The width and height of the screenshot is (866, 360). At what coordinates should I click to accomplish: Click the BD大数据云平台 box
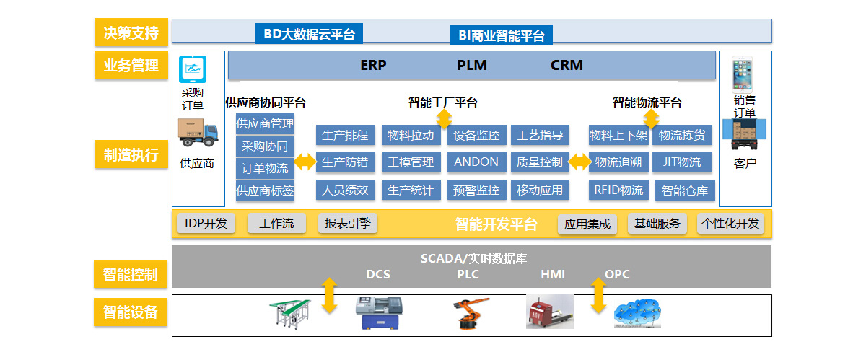tap(309, 34)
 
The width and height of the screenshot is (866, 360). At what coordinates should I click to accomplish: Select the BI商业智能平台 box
tap(502, 35)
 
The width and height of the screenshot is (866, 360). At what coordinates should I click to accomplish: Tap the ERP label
tap(373, 65)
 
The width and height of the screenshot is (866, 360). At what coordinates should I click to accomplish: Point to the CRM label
tap(567, 65)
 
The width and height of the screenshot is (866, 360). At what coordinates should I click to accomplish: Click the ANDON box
tap(477, 162)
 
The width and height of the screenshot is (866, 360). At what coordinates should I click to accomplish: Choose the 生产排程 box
tap(345, 135)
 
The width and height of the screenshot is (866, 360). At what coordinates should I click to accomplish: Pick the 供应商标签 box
tap(265, 190)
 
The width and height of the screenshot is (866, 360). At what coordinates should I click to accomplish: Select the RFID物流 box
tap(618, 190)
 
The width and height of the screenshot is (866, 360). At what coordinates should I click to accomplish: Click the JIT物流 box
tap(682, 162)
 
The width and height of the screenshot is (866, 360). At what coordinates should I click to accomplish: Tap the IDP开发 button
tap(206, 223)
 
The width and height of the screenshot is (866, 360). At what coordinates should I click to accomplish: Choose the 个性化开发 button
tap(730, 223)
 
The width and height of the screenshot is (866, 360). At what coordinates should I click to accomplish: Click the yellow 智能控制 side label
tap(131, 274)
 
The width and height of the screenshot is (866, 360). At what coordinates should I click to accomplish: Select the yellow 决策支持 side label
tap(131, 32)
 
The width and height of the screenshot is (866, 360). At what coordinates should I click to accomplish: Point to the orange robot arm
tap(471, 313)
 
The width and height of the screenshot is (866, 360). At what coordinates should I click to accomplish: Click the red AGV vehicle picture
tap(550, 312)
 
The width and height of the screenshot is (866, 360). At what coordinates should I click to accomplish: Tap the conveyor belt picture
tap(290, 314)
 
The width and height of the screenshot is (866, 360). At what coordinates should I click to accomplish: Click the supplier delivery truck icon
tap(198, 133)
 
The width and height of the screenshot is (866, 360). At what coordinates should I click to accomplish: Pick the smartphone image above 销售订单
tap(743, 74)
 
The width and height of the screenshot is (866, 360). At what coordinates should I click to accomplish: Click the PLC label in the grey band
tap(468, 274)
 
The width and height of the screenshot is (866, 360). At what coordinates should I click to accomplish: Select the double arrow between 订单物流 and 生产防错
tap(305, 162)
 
